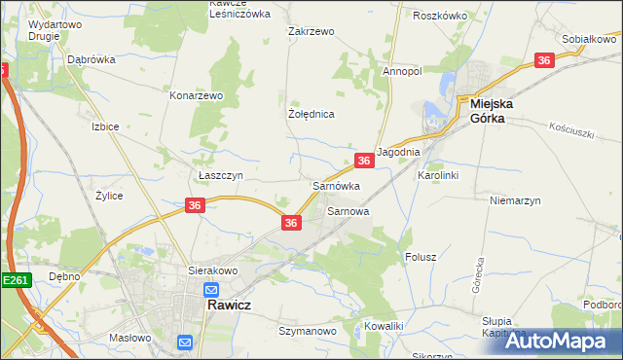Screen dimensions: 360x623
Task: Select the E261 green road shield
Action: [16, 280]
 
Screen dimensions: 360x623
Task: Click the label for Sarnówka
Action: [336, 185]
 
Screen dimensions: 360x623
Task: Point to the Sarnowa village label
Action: [348, 210]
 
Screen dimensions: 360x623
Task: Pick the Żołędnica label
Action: [311, 114]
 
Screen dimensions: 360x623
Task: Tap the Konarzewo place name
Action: [198, 96]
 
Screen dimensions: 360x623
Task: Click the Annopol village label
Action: [401, 71]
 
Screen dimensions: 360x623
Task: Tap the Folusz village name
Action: [420, 257]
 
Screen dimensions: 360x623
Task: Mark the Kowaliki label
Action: [383, 325]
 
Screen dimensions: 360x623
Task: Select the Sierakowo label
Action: [212, 271]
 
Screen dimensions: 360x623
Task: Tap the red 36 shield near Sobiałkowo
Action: [544, 60]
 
